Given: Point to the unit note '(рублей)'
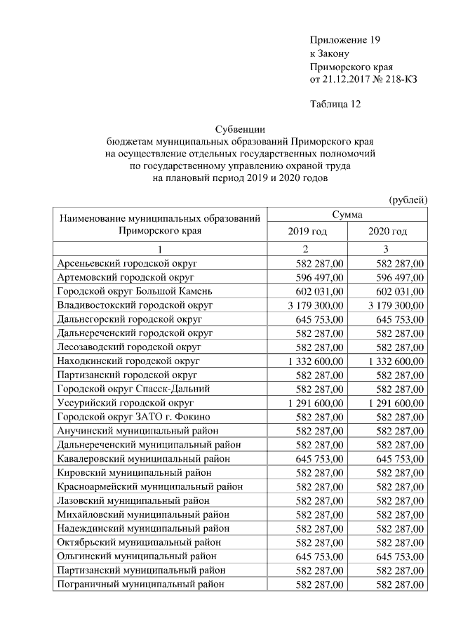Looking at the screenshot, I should click(x=408, y=199).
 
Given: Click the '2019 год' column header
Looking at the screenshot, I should click(x=307, y=232).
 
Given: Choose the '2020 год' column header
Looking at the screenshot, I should click(x=387, y=232).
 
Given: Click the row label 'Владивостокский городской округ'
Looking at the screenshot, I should click(x=135, y=305).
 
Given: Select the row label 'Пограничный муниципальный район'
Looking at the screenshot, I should click(x=141, y=583).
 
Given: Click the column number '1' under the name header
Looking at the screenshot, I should click(x=160, y=250).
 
